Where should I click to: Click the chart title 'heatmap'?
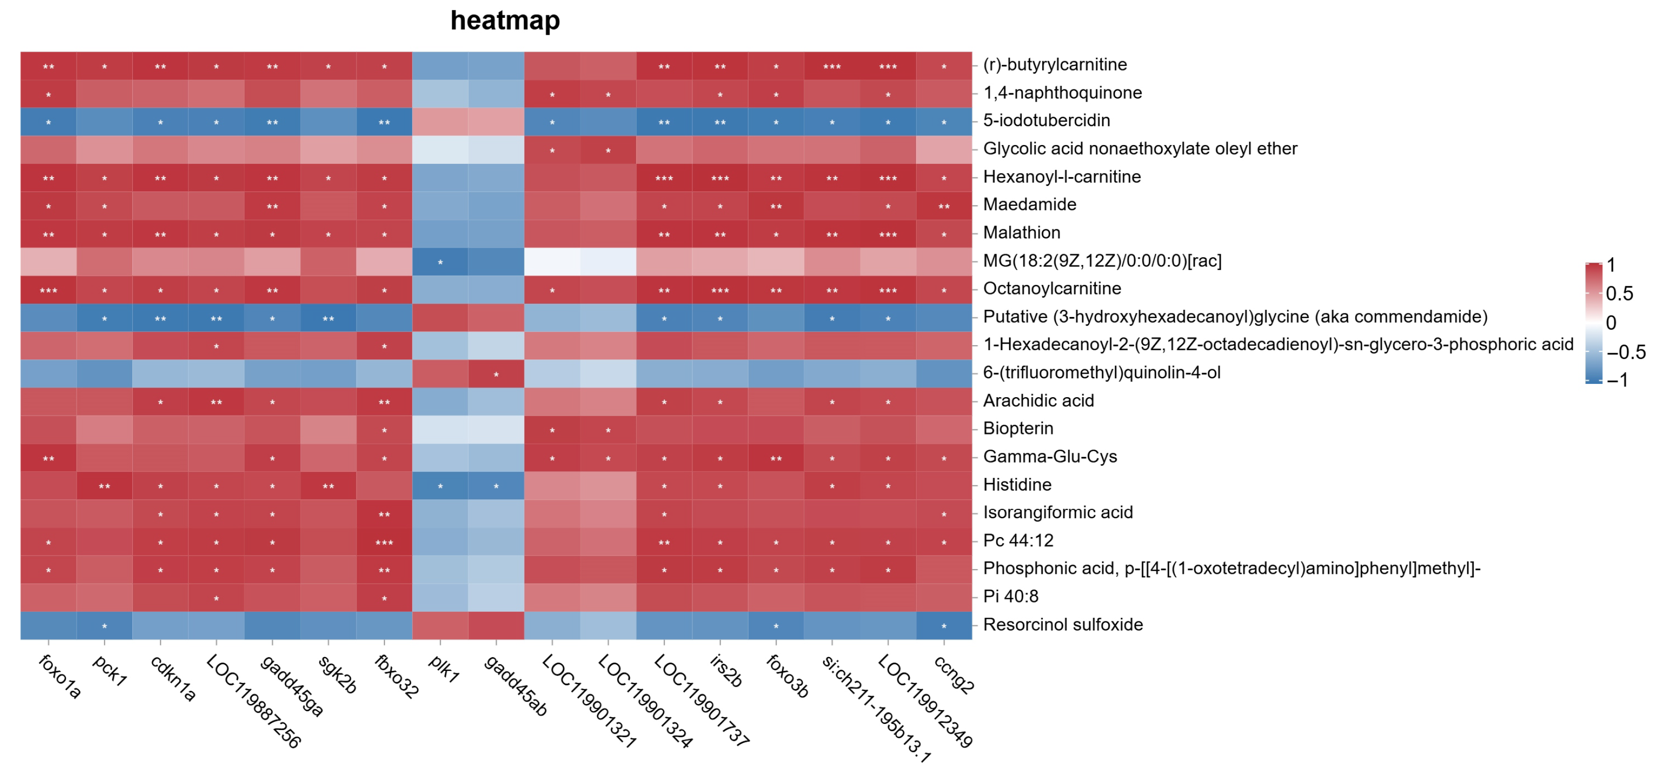(505, 20)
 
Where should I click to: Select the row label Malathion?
(1021, 233)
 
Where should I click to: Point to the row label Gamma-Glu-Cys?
(1050, 456)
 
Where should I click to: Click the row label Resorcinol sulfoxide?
(1063, 624)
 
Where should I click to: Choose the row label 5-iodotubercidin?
(1046, 120)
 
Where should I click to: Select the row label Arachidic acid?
(1038, 400)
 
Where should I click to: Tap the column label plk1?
(444, 669)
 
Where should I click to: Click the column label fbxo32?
(397, 676)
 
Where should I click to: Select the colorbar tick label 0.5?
(1619, 294)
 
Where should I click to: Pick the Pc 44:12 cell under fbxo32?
(384, 541)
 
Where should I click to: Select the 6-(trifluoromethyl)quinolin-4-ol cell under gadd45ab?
(496, 373)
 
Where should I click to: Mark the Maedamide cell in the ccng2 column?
(943, 206)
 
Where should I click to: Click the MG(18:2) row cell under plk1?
(440, 261)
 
